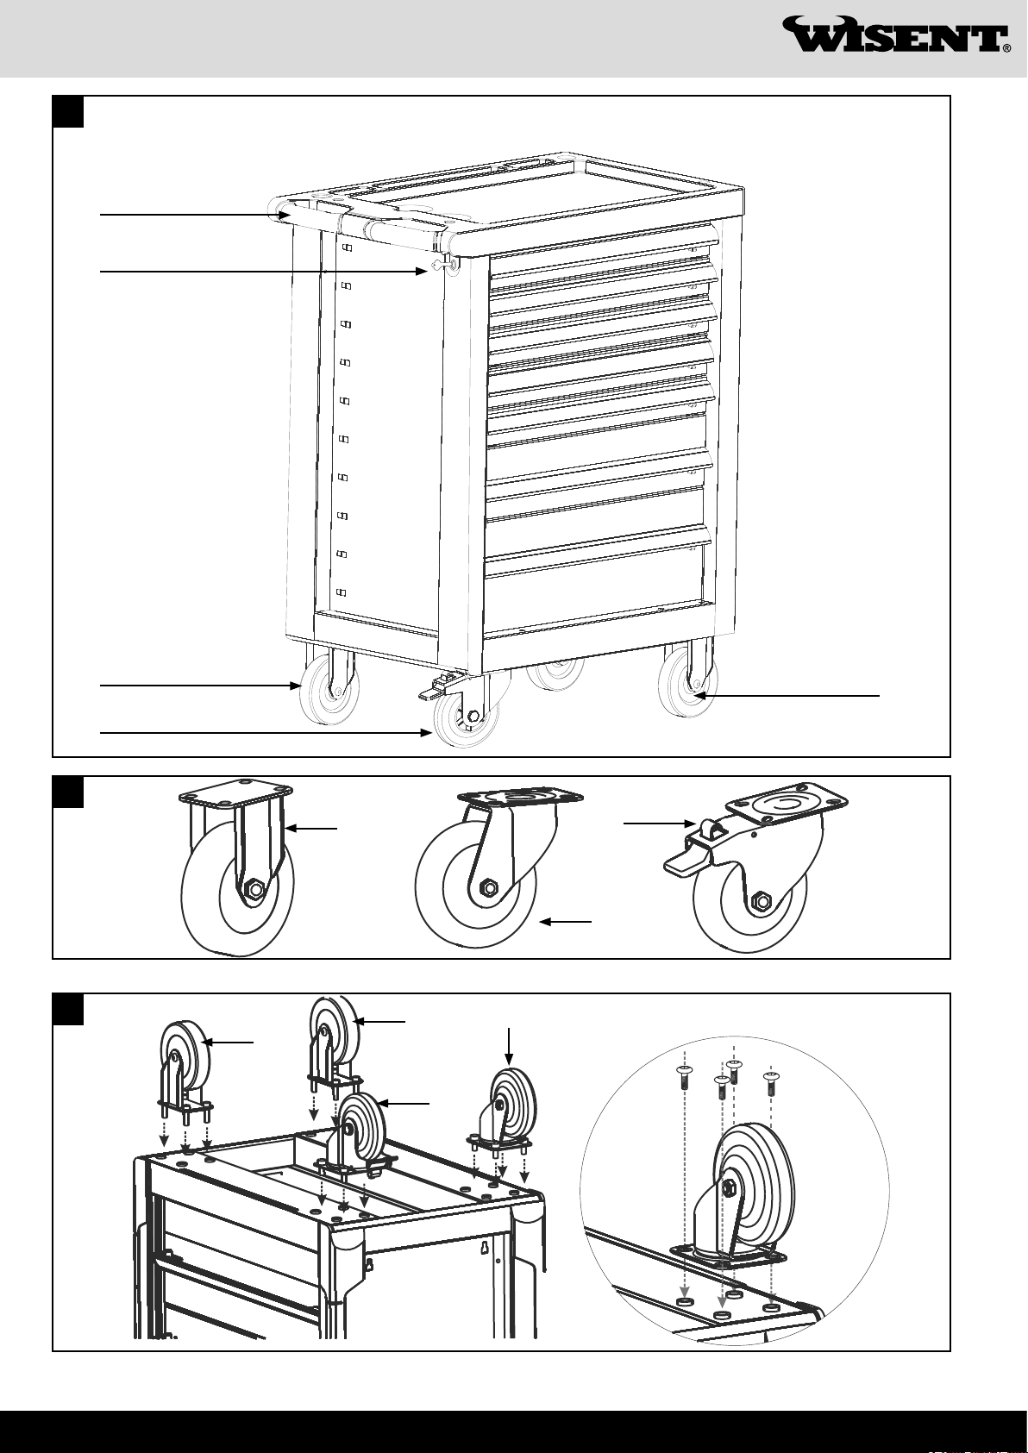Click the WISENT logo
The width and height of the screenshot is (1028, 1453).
pos(897,36)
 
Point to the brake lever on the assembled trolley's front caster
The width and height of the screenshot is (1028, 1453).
pos(436,687)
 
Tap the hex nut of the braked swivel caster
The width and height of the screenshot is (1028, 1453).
pos(762,901)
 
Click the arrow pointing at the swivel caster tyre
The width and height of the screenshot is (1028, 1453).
pos(566,923)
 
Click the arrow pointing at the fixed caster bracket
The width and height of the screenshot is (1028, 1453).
pos(312,829)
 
